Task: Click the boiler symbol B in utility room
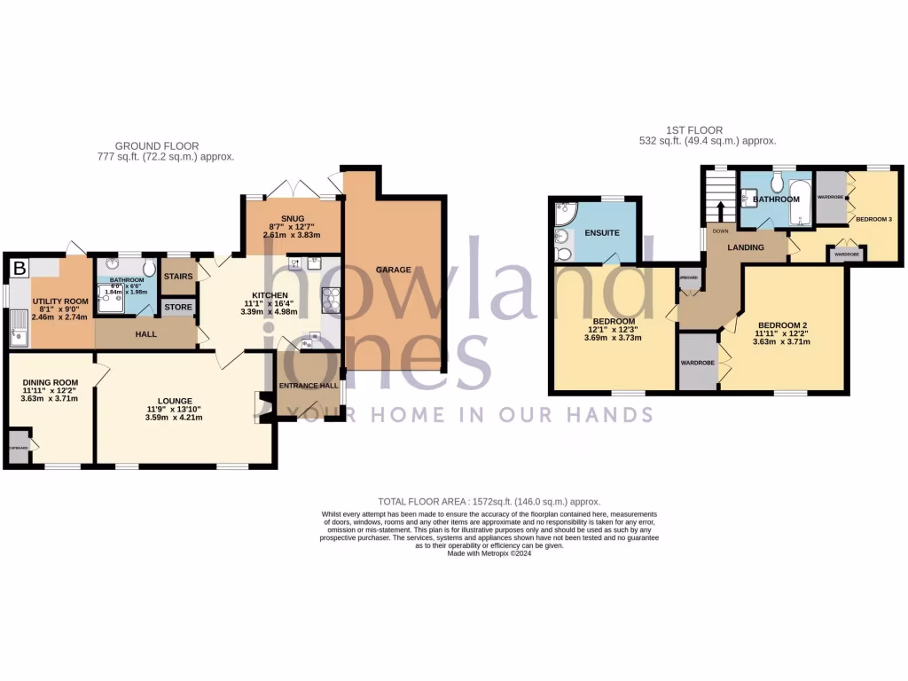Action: pyautogui.click(x=20, y=269)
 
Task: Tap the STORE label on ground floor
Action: pyautogui.click(x=177, y=308)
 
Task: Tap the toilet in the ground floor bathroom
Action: pyautogui.click(x=148, y=269)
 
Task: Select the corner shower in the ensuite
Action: pyautogui.click(x=562, y=214)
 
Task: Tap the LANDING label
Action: pyautogui.click(x=746, y=247)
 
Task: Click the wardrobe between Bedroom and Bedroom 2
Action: pyautogui.click(x=698, y=363)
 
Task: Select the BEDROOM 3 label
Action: pyautogui.click(x=873, y=218)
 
